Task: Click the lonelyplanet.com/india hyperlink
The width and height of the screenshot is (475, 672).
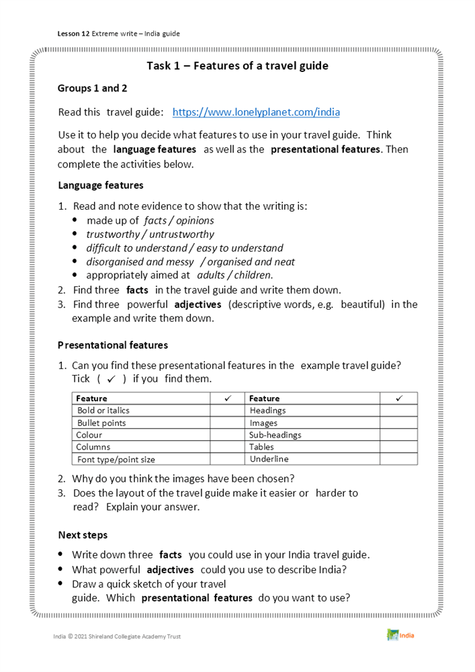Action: coord(256,112)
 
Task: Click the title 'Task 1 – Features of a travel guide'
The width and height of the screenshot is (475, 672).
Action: coord(237,66)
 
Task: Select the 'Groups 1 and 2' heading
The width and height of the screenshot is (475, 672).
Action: coord(92,88)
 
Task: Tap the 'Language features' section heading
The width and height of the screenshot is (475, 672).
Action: coord(100,185)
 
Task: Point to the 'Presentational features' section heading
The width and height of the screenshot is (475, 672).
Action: coord(112,345)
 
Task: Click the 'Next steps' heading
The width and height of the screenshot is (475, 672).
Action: coord(82,535)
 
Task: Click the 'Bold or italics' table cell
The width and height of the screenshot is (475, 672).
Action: coord(103,410)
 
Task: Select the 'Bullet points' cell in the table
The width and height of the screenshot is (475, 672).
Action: coord(101,423)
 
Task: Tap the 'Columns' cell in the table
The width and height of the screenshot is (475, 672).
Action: coord(93,447)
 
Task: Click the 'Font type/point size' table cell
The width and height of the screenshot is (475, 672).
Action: coord(116,459)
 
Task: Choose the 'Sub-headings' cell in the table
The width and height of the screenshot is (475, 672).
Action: coord(275,435)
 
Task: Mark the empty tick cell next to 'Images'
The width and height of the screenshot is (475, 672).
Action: coord(398,423)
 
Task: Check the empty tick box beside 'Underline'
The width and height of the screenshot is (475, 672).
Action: coord(398,459)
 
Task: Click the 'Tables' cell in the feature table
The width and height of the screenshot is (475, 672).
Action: coord(261,447)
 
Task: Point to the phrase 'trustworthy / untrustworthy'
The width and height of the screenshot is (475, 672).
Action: coord(150,234)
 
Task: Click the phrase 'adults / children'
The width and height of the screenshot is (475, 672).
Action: coord(234,275)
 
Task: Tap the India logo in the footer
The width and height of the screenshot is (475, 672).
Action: coord(400,635)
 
